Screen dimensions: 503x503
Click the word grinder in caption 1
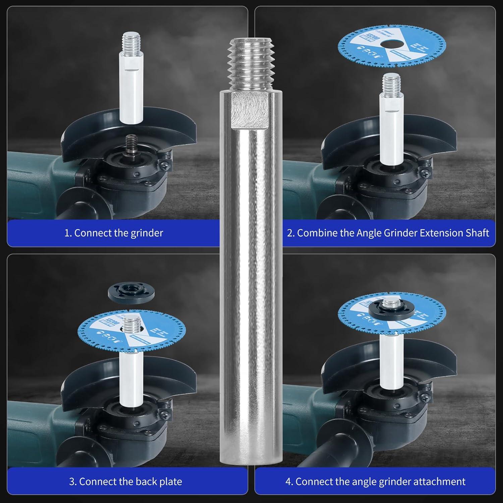148,233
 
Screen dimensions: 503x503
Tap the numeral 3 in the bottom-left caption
72,482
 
